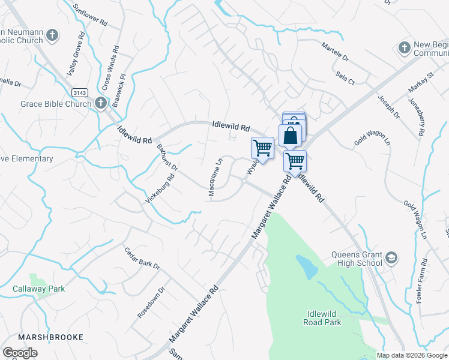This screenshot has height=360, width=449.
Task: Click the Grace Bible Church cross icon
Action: (100, 104)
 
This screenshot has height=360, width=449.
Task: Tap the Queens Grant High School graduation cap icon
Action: (391, 258)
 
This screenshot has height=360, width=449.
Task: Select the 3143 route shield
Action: (79, 92)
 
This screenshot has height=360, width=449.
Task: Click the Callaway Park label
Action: (38, 289)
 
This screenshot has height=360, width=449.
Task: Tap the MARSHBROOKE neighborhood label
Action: (50, 337)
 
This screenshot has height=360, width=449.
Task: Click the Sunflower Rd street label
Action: (90, 14)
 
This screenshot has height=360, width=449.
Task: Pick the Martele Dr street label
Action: (335, 52)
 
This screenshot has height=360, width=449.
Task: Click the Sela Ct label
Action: (346, 77)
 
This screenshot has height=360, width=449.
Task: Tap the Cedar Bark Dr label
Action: (142, 258)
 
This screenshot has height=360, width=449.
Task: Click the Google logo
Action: (20, 353)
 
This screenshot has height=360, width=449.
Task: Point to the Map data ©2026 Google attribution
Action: (412, 355)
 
